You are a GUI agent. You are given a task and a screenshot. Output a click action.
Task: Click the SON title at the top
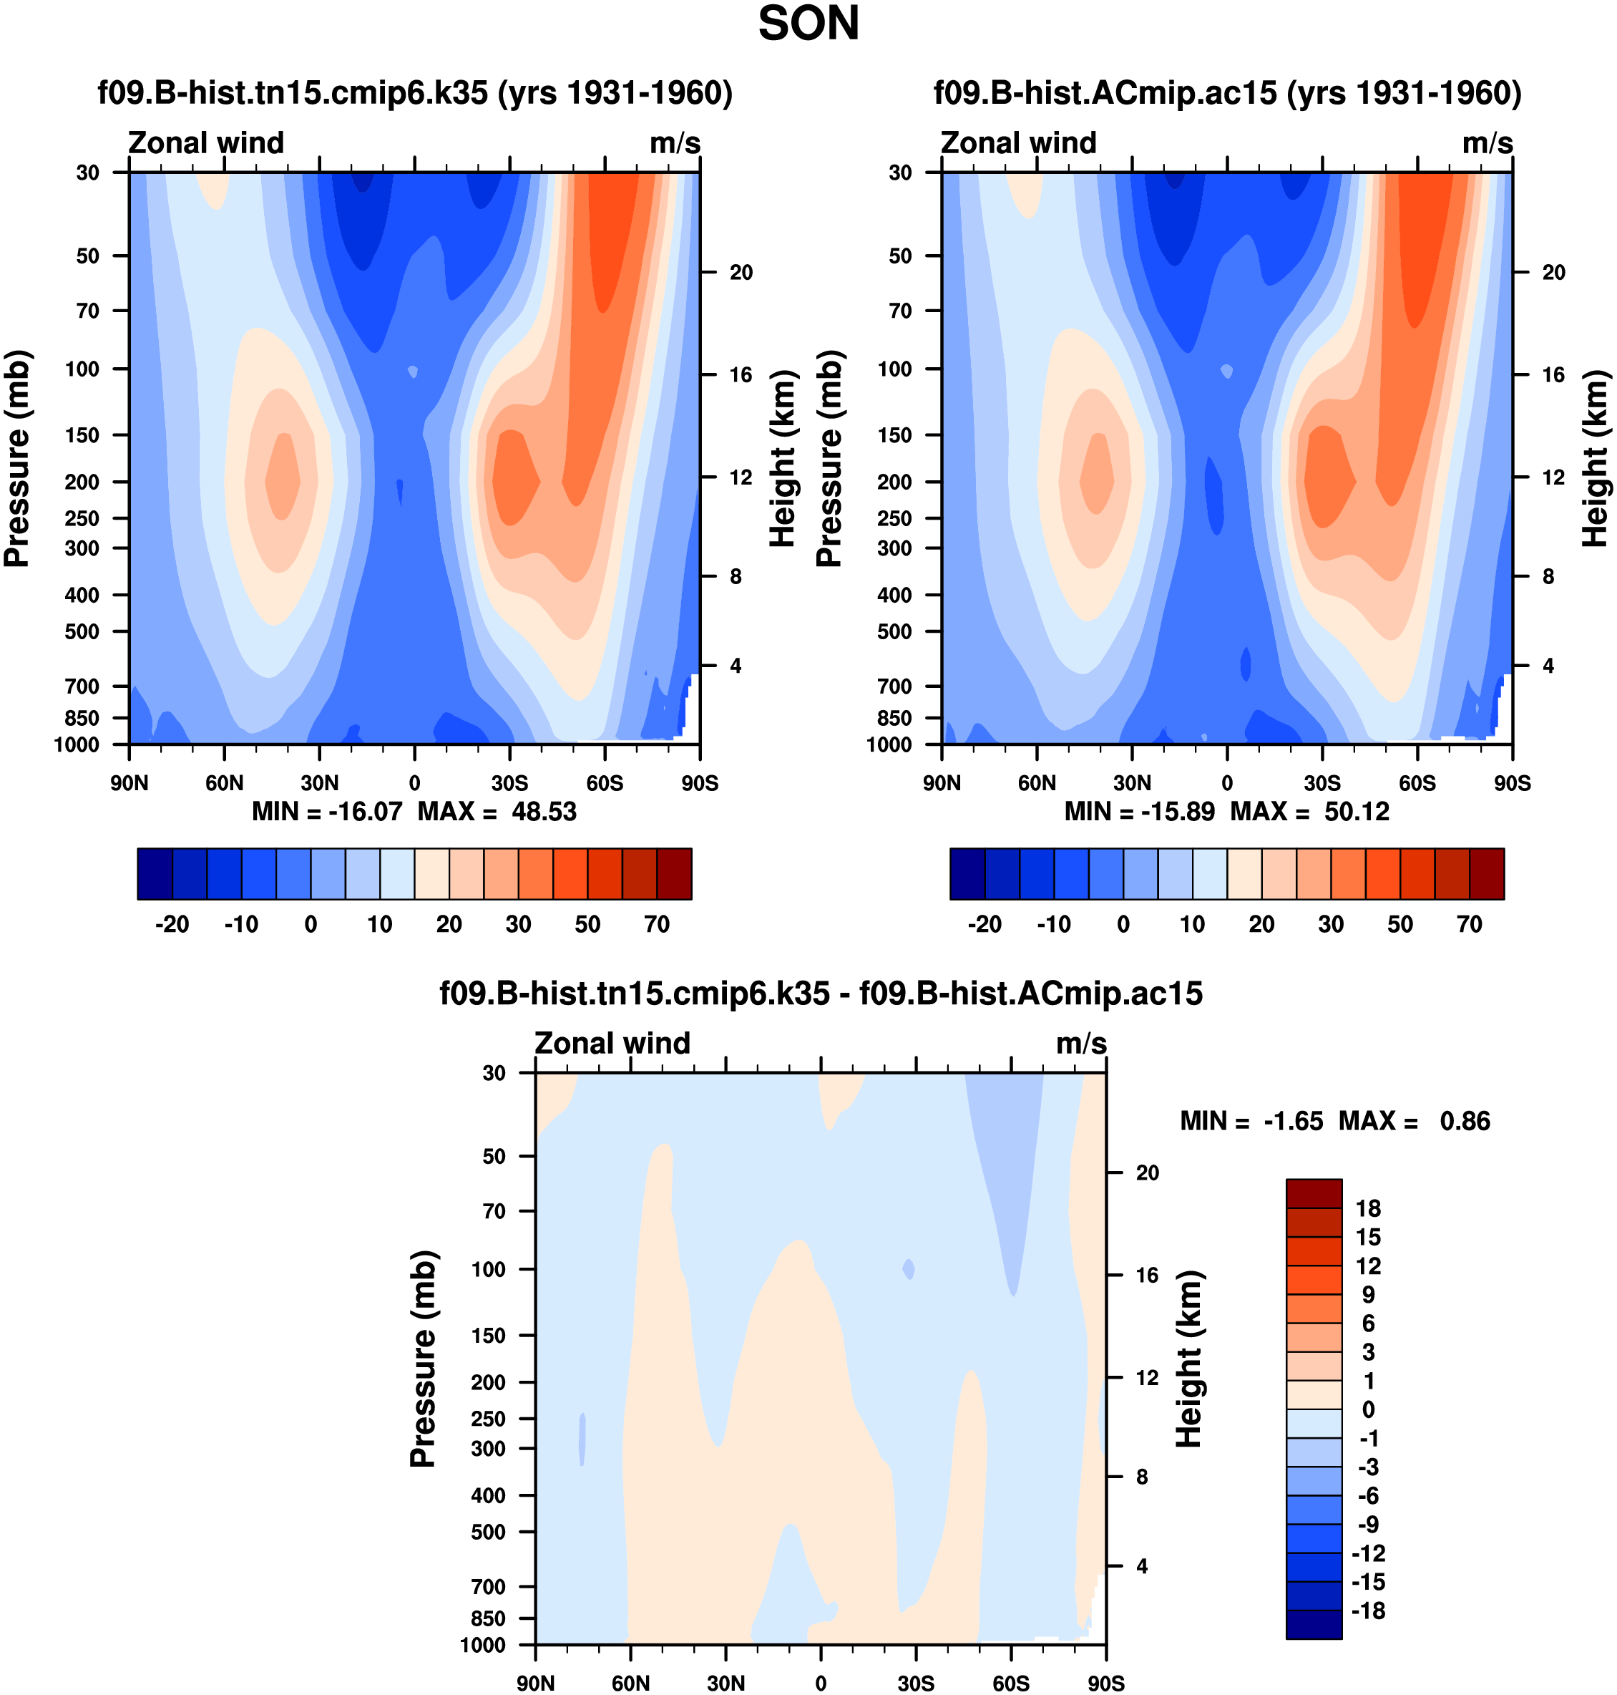click(x=808, y=24)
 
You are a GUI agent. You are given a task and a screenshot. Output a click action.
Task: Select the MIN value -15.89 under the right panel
click(x=1178, y=812)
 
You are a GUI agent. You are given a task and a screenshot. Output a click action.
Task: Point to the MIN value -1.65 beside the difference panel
click(x=1293, y=1122)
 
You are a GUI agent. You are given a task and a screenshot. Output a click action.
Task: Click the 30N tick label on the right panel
click(x=1132, y=784)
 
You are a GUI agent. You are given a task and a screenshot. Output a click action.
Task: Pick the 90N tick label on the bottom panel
click(x=535, y=1684)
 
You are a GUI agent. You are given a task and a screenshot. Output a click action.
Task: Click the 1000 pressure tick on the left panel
click(x=77, y=745)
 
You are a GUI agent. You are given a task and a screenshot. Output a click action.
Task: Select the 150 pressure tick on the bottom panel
click(x=488, y=1336)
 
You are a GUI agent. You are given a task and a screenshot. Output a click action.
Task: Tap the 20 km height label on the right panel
click(x=1553, y=273)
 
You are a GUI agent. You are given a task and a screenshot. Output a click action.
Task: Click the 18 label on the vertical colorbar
click(x=1368, y=1209)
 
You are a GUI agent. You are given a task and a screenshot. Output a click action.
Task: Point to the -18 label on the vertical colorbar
click(x=1368, y=1611)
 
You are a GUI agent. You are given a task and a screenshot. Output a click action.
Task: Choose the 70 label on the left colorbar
click(x=657, y=925)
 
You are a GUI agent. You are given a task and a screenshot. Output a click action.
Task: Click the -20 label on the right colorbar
click(x=985, y=925)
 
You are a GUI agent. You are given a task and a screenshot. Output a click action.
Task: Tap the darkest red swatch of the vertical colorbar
click(x=1314, y=1193)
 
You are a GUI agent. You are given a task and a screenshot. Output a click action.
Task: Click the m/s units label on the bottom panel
click(x=1081, y=1044)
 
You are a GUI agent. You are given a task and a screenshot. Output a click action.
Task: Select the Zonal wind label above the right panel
click(x=1018, y=143)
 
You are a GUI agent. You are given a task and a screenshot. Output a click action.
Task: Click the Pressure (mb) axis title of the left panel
click(x=18, y=459)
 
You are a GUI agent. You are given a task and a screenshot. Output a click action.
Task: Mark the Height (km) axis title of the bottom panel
click(x=1188, y=1359)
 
